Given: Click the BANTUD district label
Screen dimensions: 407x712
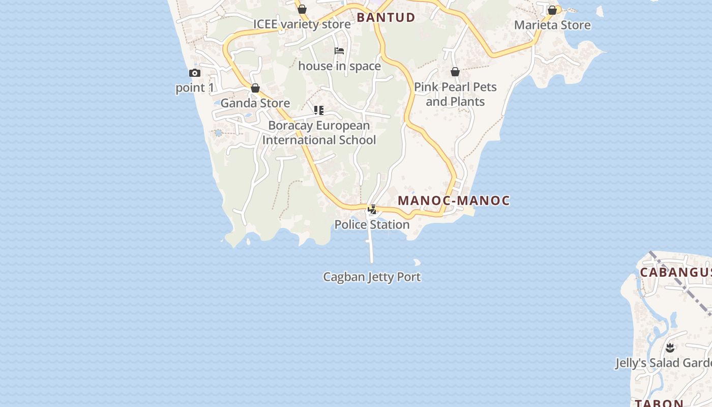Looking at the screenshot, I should click(385, 17).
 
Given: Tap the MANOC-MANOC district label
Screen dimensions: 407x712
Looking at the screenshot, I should click(454, 200).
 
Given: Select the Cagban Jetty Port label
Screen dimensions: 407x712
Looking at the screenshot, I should click(372, 277).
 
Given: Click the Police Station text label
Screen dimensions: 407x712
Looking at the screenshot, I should click(372, 224).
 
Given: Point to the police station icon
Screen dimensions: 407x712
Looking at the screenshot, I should click(372, 209).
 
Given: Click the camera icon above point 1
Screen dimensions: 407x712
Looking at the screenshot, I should click(194, 73).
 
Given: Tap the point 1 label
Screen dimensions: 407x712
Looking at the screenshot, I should click(195, 88).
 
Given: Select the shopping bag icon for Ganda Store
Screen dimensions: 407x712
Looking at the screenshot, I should click(255, 89).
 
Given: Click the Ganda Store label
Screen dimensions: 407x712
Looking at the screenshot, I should click(255, 103).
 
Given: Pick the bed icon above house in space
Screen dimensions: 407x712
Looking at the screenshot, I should click(339, 51).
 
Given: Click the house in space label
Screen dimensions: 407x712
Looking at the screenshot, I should click(339, 66).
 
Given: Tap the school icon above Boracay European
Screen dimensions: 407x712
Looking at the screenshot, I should click(319, 110).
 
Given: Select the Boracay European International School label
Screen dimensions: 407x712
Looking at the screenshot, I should click(319, 132).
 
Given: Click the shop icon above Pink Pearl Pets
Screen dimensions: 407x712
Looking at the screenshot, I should click(455, 72).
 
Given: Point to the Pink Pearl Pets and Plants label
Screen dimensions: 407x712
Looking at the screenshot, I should click(455, 94).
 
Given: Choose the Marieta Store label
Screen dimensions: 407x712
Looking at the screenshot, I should click(552, 25).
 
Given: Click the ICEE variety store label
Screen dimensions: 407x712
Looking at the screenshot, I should click(302, 24).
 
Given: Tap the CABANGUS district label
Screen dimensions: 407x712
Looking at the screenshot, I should click(675, 272).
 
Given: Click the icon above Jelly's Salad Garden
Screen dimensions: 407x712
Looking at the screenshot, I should click(670, 348).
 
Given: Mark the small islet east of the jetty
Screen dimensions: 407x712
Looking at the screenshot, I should click(417, 263).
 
